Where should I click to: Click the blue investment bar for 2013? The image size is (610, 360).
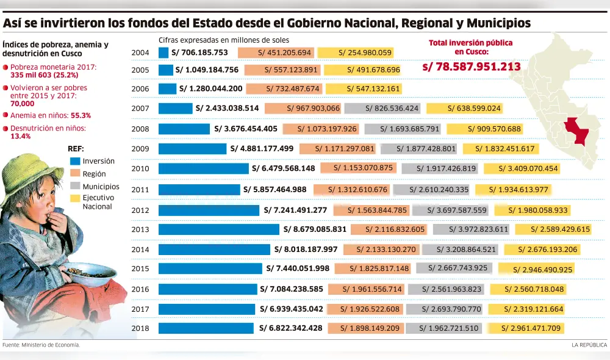220,229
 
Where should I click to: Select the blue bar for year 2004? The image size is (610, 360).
163,52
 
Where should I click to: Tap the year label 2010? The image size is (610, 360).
140,168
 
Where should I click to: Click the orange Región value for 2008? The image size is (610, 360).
328,129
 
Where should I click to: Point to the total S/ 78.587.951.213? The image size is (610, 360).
472,67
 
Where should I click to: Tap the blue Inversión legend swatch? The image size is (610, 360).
75,162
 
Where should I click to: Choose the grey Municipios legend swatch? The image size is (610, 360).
75,186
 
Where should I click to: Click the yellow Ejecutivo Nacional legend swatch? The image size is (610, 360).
75,198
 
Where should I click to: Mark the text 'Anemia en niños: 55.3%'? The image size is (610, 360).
51,115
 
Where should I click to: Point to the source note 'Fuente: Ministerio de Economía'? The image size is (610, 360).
41,345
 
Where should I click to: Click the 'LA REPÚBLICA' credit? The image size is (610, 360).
589,345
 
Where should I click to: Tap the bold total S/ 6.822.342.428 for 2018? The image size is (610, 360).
290,328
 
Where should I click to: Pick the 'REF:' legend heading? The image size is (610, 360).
76,149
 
